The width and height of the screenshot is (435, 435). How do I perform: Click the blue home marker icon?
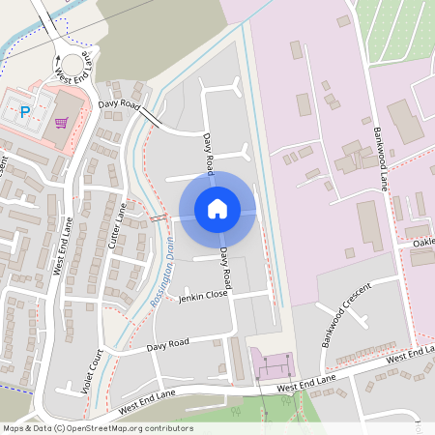coord(217,208)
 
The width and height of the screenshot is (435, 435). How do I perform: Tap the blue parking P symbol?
coord(25,111)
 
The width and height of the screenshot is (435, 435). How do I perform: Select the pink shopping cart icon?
coord(62,123)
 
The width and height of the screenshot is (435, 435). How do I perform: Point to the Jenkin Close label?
coord(203,298)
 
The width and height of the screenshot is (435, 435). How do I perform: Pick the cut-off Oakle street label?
coord(423,243)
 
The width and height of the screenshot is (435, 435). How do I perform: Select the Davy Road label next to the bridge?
coord(119,104)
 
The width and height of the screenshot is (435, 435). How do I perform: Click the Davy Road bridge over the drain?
coord(151,117)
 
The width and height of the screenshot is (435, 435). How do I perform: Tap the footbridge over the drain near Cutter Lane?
coord(159,220)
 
